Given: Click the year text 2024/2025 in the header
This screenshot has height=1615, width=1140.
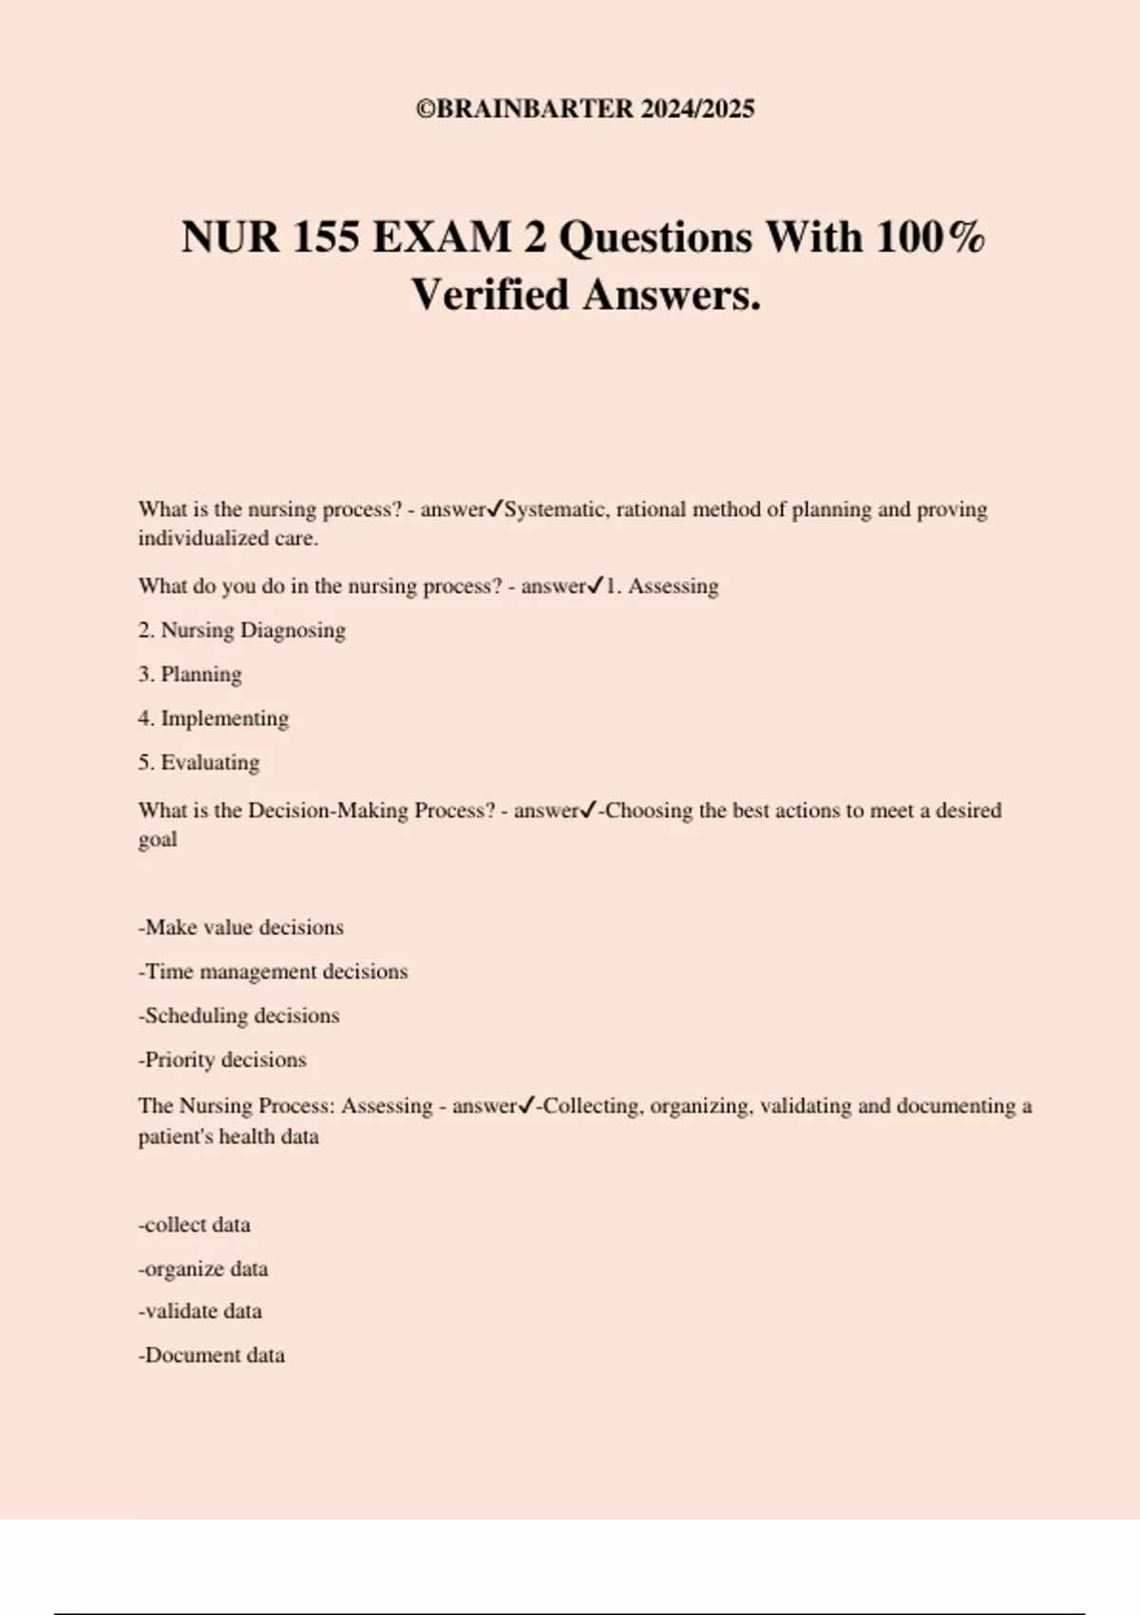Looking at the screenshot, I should click(x=697, y=109).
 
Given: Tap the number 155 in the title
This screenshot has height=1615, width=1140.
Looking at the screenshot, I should click(x=326, y=237).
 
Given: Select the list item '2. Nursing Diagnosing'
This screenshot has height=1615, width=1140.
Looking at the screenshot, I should click(x=241, y=630).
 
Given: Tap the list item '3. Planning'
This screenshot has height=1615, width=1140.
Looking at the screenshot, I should click(x=190, y=674).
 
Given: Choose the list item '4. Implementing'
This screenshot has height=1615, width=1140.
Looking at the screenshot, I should click(x=213, y=718).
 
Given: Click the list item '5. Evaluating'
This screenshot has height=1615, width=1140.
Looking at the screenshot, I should click(x=199, y=763).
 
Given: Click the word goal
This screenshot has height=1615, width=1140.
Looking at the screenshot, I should click(x=158, y=841).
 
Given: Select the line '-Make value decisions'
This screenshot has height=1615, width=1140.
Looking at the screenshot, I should click(x=240, y=927).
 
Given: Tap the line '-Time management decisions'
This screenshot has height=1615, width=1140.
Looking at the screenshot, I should click(x=273, y=971).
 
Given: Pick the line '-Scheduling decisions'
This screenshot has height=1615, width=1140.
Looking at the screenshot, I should click(x=238, y=1016).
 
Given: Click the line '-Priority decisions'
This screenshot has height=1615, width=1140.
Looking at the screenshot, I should click(x=222, y=1059).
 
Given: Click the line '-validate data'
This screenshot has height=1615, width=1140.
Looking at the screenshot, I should click(x=199, y=1311).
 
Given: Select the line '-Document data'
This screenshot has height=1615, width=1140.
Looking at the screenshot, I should click(x=211, y=1355).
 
